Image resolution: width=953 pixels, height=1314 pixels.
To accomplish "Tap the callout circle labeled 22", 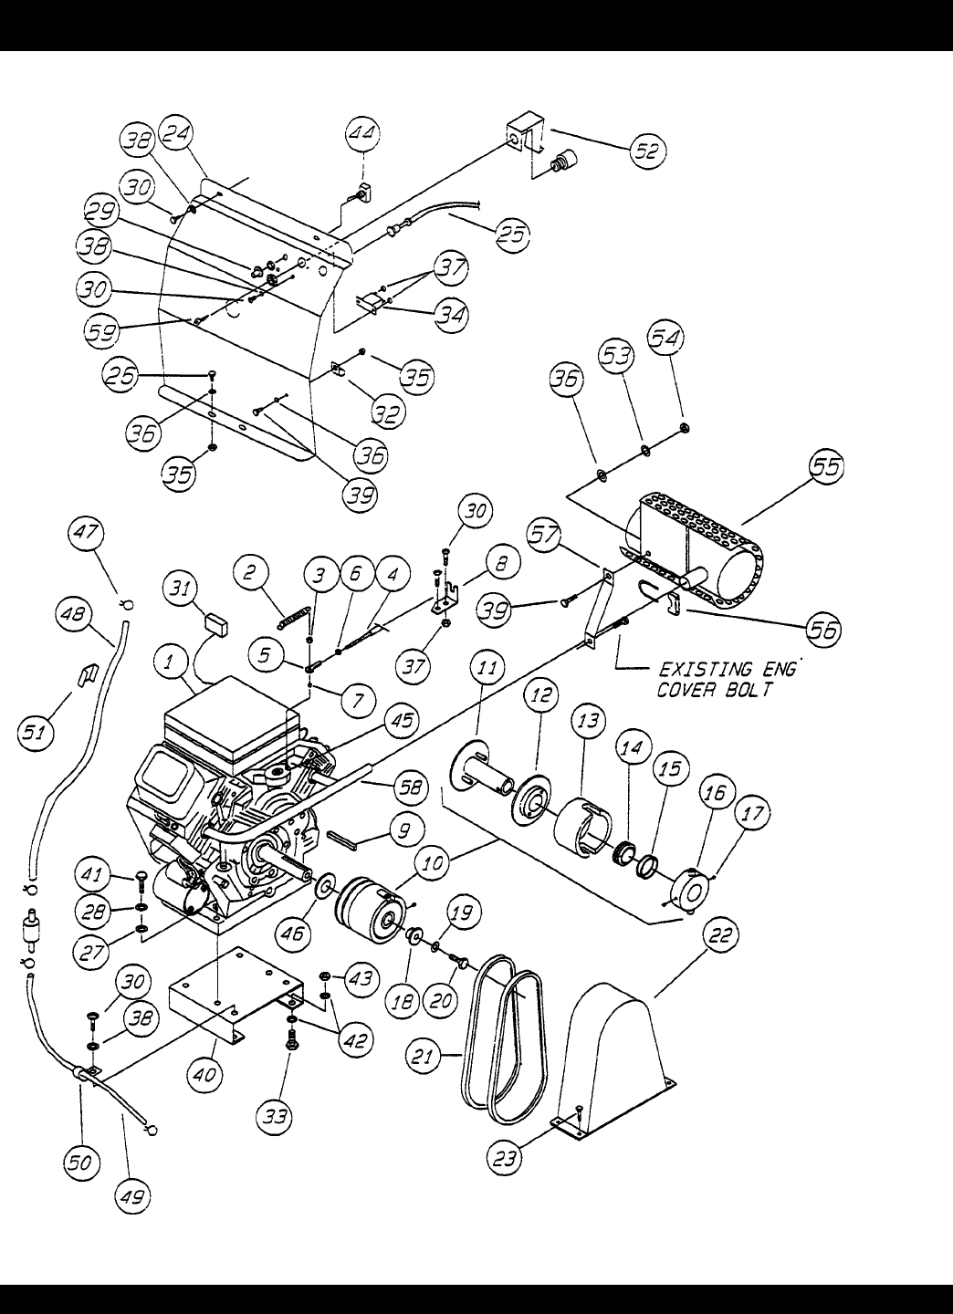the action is (x=720, y=935).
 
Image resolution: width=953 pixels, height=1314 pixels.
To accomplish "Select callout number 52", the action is (x=648, y=151).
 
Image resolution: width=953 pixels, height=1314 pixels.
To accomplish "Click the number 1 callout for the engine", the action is (x=170, y=662).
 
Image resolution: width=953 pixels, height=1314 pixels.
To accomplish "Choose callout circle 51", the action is (x=35, y=733).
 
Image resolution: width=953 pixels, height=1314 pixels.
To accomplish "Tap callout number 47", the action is (x=86, y=533).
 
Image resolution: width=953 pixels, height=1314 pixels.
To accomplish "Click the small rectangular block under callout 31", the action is (x=216, y=623).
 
